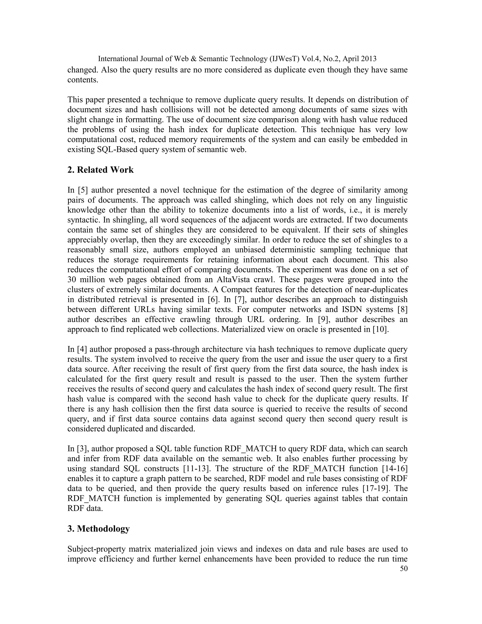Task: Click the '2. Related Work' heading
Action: point(100,170)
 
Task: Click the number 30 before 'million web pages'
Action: point(72,280)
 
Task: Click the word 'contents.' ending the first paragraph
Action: point(83,80)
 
